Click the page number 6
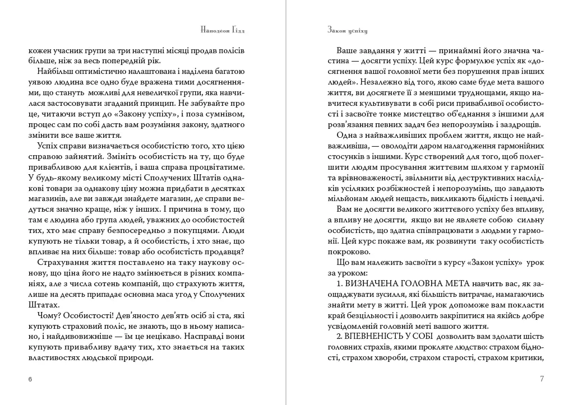pos(30,379)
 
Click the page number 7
pos(542,379)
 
